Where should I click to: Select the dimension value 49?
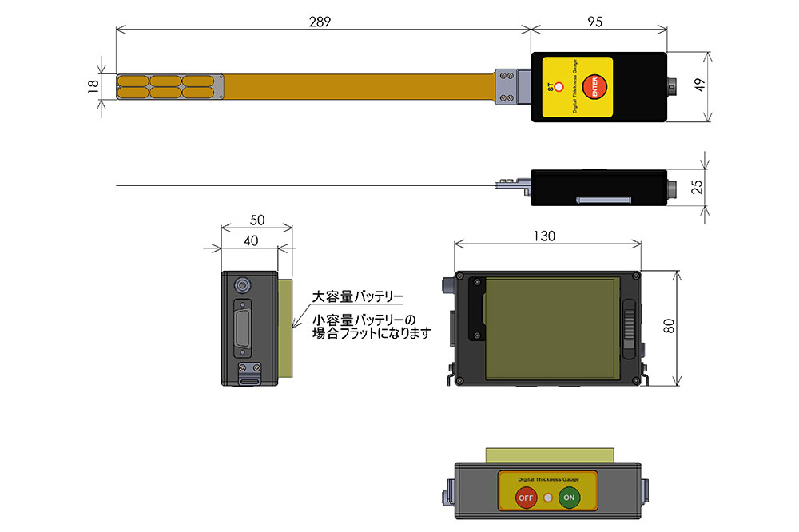pyautogui.click(x=701, y=86)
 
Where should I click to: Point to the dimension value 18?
pyautogui.click(x=93, y=85)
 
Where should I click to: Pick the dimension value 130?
pyautogui.click(x=547, y=236)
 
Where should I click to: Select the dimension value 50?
pyautogui.click(x=256, y=220)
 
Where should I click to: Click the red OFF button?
pyautogui.click(x=525, y=498)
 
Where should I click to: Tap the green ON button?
pyautogui.click(x=569, y=498)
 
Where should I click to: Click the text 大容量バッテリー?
pyautogui.click(x=357, y=296)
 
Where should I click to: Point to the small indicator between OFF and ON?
pyautogui.click(x=547, y=498)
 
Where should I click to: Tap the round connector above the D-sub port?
pyautogui.click(x=242, y=284)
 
